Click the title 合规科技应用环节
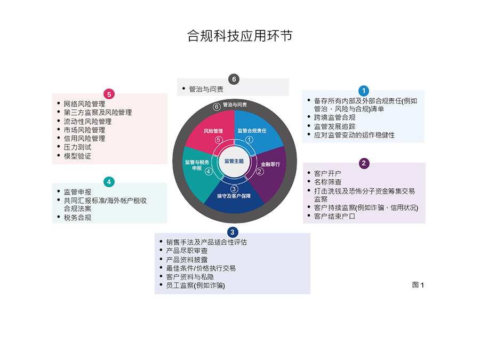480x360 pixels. [239, 36]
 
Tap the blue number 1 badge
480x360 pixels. [364, 91]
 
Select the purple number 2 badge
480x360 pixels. [364, 163]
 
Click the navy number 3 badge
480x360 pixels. [233, 232]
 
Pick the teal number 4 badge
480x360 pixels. [109, 182]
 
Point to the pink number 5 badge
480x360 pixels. [109, 94]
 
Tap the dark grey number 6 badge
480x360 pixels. [234, 79]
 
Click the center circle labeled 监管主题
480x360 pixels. [234, 161]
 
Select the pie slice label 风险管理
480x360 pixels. [213, 131]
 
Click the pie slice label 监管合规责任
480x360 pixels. [252, 131]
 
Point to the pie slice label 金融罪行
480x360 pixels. [270, 164]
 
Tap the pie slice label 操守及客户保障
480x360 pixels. [234, 196]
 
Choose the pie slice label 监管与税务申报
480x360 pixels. [197, 165]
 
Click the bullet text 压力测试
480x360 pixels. [77, 147]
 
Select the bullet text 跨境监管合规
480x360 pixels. [334, 117]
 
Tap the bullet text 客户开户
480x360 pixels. [327, 173]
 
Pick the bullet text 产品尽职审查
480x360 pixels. [187, 251]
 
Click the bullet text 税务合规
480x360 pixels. [77, 218]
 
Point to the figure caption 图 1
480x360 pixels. [418, 285]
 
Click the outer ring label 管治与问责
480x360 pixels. [235, 105]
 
